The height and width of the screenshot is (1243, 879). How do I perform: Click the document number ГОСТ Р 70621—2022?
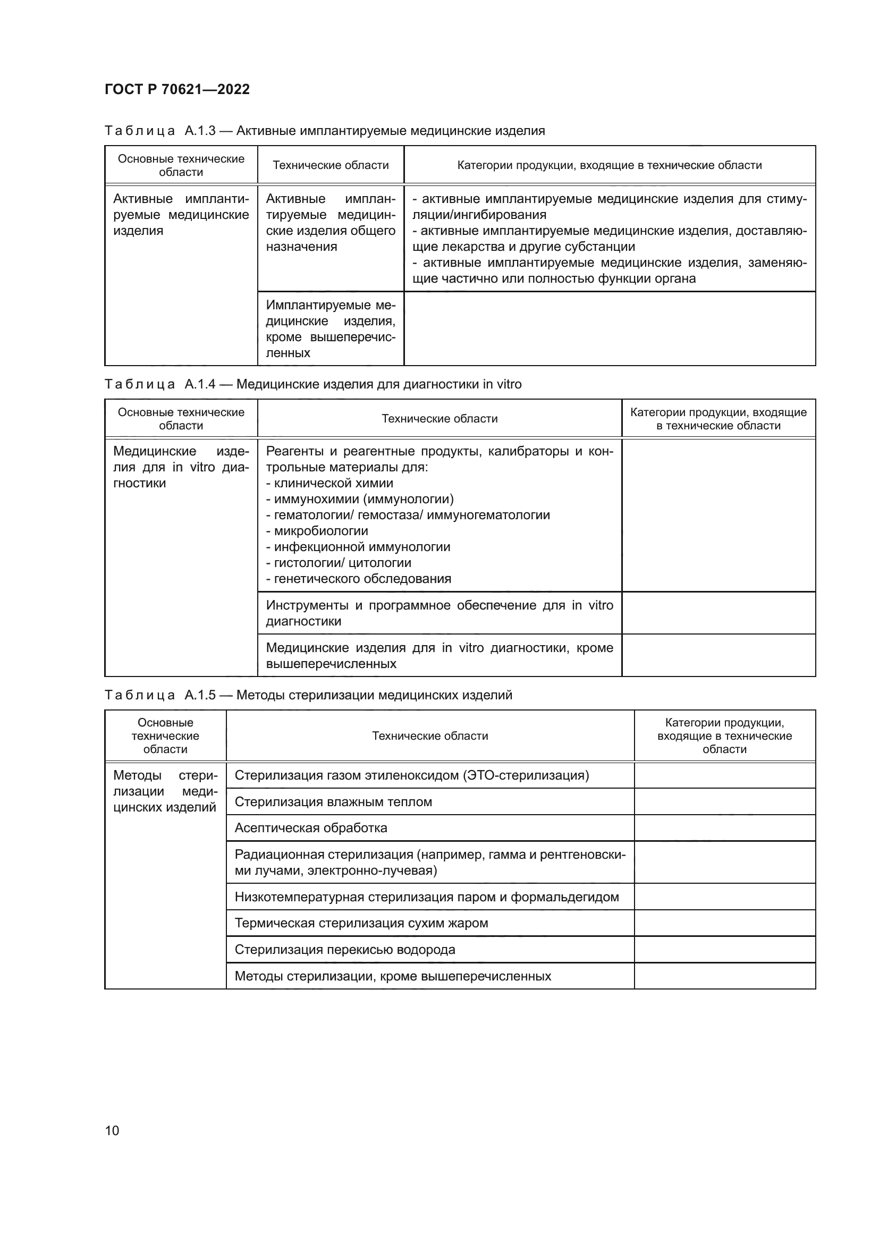tap(177, 89)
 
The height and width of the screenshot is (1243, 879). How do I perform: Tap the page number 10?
tap(112, 1130)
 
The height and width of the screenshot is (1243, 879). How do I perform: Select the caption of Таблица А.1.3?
tap(324, 131)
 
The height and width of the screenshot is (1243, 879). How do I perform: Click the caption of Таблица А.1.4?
tap(313, 384)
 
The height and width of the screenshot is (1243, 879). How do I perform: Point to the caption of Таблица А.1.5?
tap(308, 695)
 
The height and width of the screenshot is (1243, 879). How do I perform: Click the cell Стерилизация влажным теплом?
tap(333, 802)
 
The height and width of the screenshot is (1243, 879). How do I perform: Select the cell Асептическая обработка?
tap(311, 828)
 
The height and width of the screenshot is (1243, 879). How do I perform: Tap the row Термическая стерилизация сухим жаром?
tap(361, 923)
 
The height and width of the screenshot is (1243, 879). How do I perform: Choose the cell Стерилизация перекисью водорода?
tap(345, 950)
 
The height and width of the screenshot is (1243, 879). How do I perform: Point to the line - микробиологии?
tap(317, 531)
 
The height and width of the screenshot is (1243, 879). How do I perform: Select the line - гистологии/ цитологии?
tap(339, 562)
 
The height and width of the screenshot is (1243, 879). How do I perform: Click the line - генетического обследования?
tap(358, 579)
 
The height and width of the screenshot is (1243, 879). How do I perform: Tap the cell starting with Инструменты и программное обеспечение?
tap(439, 613)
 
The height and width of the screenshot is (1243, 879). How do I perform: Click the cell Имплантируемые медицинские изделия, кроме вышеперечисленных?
tap(330, 328)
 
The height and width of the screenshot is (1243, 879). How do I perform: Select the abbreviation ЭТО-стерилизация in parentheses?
tap(526, 775)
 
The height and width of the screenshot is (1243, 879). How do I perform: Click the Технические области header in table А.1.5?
tap(430, 735)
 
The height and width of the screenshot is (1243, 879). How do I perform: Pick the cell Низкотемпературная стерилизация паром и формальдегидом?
tap(427, 897)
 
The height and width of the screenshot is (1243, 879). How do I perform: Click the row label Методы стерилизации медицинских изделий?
tap(165, 791)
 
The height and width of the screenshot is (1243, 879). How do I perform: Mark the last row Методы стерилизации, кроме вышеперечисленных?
tap(392, 976)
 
